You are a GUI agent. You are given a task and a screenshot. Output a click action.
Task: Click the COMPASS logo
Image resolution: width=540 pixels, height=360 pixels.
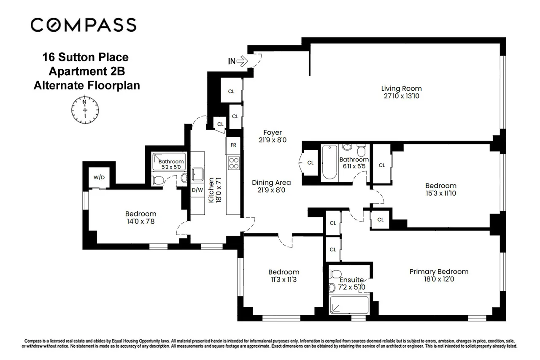tap(83, 24)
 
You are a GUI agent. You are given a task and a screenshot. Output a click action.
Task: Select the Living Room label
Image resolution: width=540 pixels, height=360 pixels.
tap(401, 89)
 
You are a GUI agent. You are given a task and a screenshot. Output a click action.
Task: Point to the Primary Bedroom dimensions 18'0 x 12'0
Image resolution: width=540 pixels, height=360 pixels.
tap(439, 279)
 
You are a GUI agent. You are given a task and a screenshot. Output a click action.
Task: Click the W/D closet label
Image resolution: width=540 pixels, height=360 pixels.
tap(99, 177)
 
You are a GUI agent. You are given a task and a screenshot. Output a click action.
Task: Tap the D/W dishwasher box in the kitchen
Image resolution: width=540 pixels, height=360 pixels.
tap(197, 190)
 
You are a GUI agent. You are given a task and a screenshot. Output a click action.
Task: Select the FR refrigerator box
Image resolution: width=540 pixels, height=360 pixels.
tap(233, 145)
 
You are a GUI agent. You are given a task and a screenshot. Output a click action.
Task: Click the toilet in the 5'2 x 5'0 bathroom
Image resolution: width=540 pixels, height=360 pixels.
tap(159, 181)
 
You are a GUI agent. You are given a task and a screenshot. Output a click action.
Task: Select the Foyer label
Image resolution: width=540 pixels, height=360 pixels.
tap(273, 133)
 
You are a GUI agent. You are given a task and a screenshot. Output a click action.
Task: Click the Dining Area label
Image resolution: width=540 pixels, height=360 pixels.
tap(271, 182)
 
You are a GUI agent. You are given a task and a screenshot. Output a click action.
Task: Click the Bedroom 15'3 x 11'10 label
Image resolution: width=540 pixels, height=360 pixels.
tap(440, 186)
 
